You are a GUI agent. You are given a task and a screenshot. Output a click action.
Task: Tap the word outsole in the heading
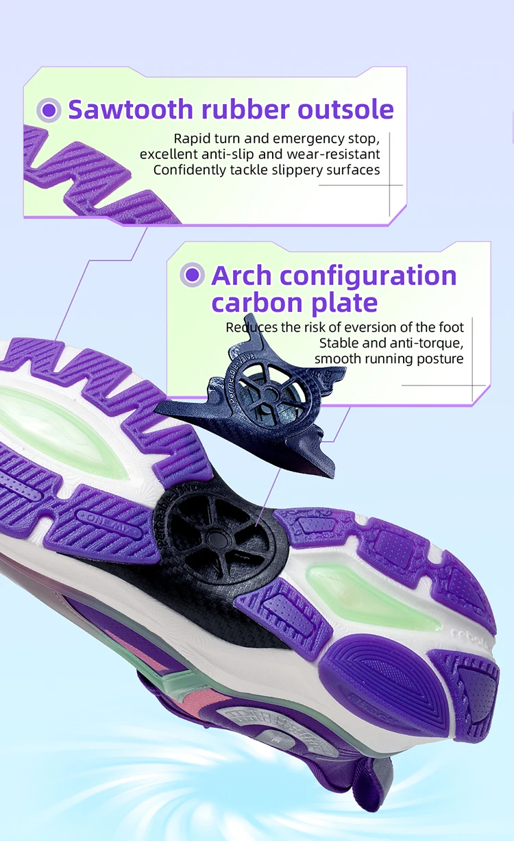(x=345, y=110)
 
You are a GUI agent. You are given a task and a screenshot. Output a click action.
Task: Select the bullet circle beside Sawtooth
(x=48, y=110)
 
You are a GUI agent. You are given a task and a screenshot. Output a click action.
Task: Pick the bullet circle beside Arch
(x=193, y=275)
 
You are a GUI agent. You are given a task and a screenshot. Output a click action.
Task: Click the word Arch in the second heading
(x=242, y=276)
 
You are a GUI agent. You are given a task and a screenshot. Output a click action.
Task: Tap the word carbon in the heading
(x=260, y=302)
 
